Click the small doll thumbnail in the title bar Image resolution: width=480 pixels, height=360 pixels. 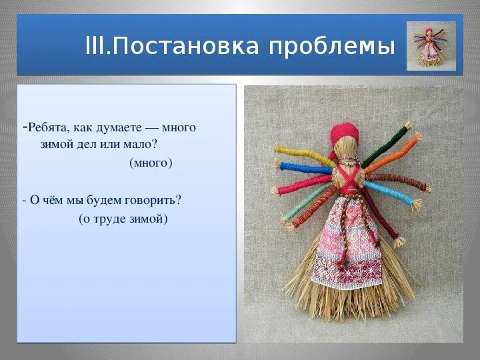click(431, 46)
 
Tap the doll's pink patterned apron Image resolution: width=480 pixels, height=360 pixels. click(343, 247)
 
